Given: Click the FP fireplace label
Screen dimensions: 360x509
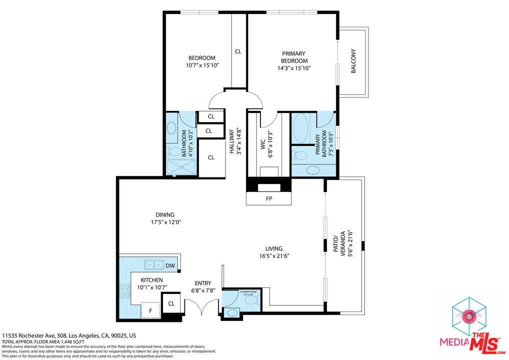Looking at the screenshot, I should [x=268, y=198].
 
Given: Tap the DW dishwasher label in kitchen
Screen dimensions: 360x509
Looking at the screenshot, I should [x=170, y=265].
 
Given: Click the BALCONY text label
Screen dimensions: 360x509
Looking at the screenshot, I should [x=353, y=61].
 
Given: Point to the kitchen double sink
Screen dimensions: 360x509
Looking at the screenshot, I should [x=153, y=264].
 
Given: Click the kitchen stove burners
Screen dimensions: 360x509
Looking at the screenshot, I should [x=124, y=291].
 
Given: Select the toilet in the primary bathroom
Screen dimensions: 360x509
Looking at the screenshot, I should [x=300, y=153].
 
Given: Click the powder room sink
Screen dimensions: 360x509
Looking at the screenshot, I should [x=232, y=313].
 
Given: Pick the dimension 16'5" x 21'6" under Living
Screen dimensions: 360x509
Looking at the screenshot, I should [x=274, y=256].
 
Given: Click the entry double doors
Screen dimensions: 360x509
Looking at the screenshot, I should [x=201, y=309].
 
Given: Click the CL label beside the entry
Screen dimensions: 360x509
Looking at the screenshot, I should [x=171, y=303].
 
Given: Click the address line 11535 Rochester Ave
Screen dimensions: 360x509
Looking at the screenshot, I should [x=69, y=336].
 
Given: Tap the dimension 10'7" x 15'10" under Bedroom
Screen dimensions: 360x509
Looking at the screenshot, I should [x=202, y=65].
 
